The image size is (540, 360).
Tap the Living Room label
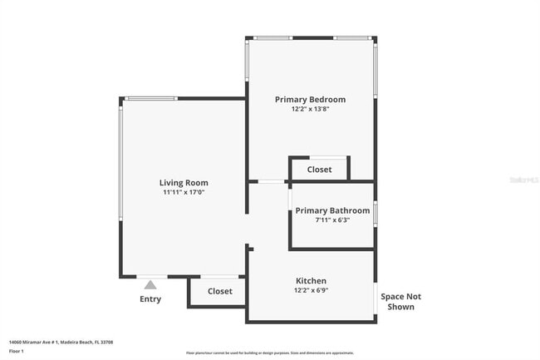pos(184,183)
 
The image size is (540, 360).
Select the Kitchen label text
pos(311,281)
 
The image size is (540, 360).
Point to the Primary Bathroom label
pos(332,210)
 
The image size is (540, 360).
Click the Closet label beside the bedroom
pos(319,170)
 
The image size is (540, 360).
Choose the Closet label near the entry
pos(219,292)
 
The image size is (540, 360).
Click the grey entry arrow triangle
pos(150,284)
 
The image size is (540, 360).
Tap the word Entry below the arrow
pos(150,299)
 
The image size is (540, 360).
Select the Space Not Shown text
pos(400,302)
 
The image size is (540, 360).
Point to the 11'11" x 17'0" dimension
pos(184,193)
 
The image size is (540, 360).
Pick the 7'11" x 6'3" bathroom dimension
pos(332,220)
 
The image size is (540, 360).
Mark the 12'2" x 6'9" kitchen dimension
pos(311,291)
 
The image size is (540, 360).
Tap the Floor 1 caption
pos(17,351)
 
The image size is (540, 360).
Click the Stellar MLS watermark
pos(523,180)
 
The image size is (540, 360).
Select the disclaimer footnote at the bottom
pos(269,353)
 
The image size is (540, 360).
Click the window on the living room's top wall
pos(150,98)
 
